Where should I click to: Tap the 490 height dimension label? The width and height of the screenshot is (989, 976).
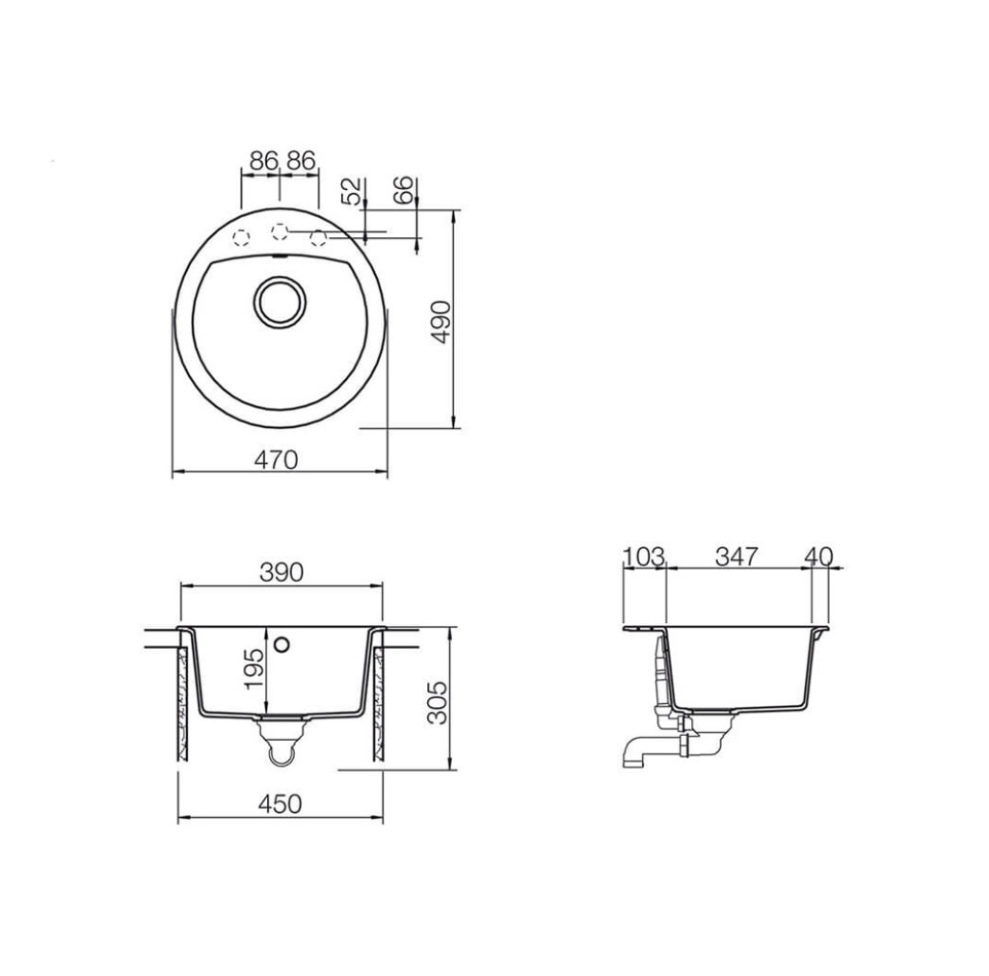tap(441, 322)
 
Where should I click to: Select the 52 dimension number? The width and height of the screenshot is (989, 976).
tap(353, 191)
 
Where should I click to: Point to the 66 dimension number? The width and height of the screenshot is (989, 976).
tap(403, 189)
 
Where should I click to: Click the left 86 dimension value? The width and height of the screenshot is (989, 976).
tap(264, 161)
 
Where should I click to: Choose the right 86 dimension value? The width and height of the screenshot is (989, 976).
tap(301, 161)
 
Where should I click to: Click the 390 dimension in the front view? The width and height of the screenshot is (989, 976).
tap(281, 572)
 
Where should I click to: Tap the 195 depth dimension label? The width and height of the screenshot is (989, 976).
tap(254, 668)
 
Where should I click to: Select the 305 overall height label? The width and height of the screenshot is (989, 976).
tap(437, 703)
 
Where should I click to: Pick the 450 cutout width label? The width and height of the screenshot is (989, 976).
tap(281, 803)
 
